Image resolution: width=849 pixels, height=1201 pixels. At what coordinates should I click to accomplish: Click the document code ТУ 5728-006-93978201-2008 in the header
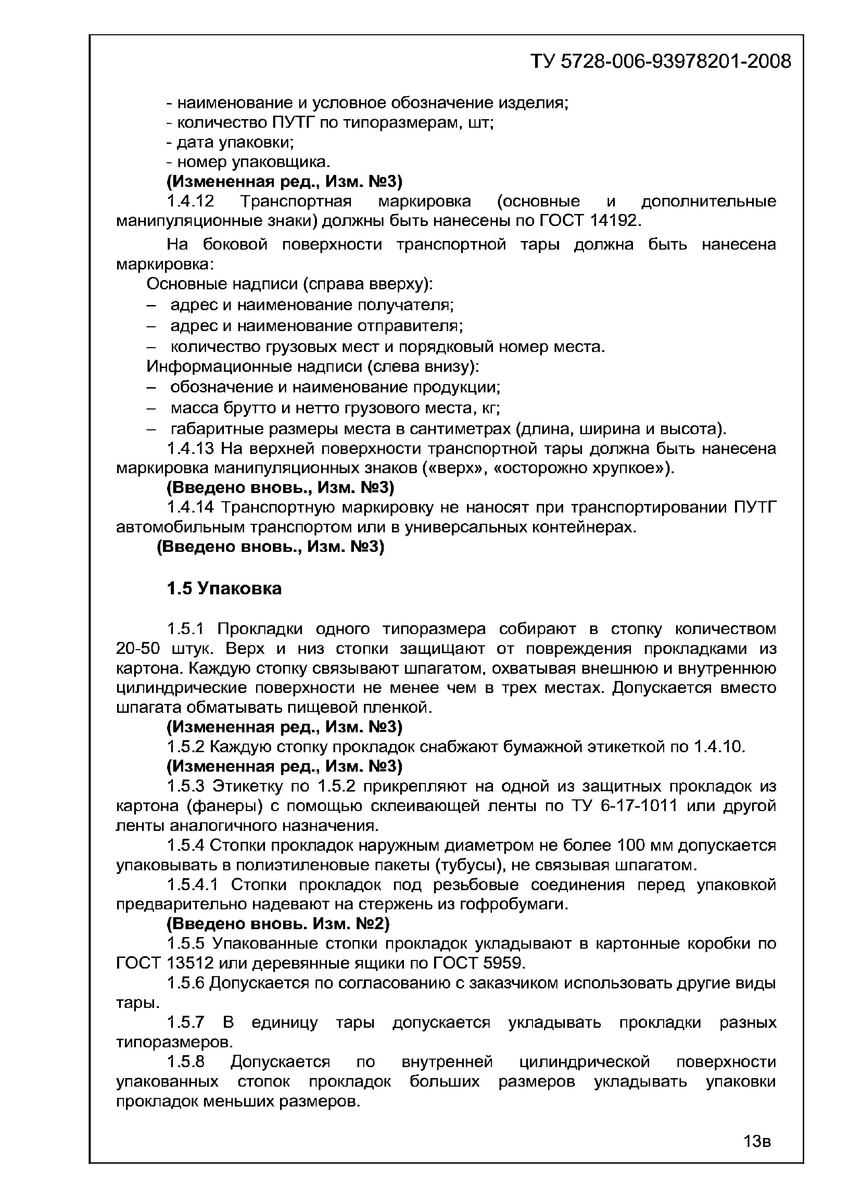(661, 62)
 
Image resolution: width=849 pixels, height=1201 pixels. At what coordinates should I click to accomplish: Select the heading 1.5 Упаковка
(224, 589)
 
